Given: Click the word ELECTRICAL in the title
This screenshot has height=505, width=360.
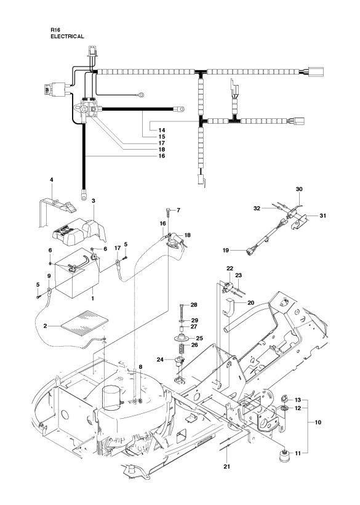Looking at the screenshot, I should [x=67, y=36].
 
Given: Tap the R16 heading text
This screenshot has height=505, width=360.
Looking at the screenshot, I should [x=55, y=30].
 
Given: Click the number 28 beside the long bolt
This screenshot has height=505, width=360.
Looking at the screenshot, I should [x=194, y=305].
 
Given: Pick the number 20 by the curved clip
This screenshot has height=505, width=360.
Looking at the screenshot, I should [x=250, y=302].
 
